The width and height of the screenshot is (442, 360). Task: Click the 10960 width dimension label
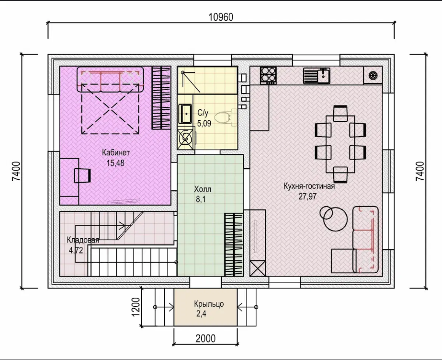(x=221, y=17)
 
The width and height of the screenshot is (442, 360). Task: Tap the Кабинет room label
(x=116, y=152)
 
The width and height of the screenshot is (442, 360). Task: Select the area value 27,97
(x=307, y=197)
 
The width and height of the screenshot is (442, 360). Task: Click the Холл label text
(x=203, y=189)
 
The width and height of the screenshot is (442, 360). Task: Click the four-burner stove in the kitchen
(x=268, y=75)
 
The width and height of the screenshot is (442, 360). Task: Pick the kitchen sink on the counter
(x=317, y=76)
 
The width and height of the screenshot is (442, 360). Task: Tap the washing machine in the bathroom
(x=186, y=138)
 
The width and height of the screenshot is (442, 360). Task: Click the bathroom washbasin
(x=185, y=114)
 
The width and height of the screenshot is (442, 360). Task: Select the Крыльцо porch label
(x=209, y=304)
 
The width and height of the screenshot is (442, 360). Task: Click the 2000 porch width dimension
(x=205, y=338)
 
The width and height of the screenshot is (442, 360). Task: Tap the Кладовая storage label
(x=83, y=240)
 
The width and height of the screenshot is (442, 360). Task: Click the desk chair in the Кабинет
(x=82, y=175)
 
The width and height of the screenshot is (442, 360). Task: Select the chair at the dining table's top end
(x=340, y=113)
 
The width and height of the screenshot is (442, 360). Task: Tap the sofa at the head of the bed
(x=110, y=79)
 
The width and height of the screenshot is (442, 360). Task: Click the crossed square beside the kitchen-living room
(x=258, y=268)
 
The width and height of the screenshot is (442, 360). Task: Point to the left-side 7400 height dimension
(x=16, y=171)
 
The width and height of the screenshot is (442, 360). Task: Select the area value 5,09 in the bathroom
(x=204, y=123)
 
